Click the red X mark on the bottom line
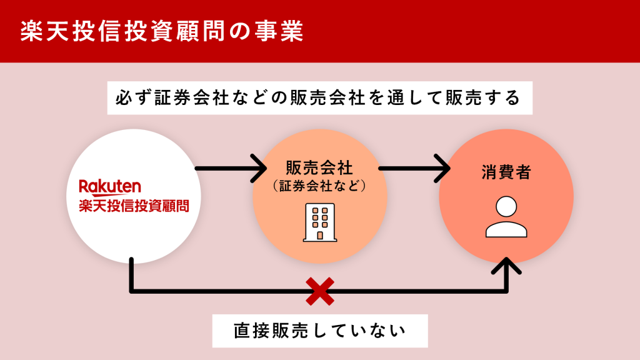319,291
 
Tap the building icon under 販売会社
319,222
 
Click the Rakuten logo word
110,186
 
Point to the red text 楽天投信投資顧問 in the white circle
133,206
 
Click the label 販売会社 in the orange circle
319,167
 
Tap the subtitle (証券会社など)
319,186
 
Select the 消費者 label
506,172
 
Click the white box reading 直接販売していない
319,331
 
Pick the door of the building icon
319,235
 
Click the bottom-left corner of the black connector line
131,291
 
